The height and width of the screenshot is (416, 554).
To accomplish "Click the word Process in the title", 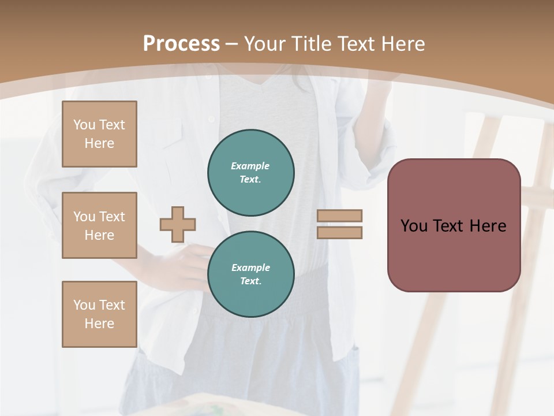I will tap(181, 44).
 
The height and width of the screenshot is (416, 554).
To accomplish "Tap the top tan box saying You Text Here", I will tap(99, 134).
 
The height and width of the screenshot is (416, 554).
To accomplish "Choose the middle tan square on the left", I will tap(99, 225).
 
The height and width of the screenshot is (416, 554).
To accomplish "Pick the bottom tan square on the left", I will tap(99, 314).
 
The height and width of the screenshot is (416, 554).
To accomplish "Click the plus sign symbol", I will tap(178, 224).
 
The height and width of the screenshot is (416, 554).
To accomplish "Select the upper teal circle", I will tap(251, 172).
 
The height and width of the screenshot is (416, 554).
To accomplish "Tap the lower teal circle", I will tap(251, 274).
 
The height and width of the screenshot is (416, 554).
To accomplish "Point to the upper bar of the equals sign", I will tap(339, 216).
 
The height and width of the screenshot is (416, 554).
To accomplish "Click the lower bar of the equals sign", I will tap(339, 232).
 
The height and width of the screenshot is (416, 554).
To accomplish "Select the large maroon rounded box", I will tap(454, 225).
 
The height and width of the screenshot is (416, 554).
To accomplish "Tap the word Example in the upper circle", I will tap(250, 166).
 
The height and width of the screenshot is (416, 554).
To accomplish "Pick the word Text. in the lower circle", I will tap(250, 281).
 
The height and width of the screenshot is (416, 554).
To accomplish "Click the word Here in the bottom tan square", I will tap(99, 324).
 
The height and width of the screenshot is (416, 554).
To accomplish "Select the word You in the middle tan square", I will tap(84, 217).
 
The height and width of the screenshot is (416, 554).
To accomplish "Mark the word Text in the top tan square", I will tap(112, 125).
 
